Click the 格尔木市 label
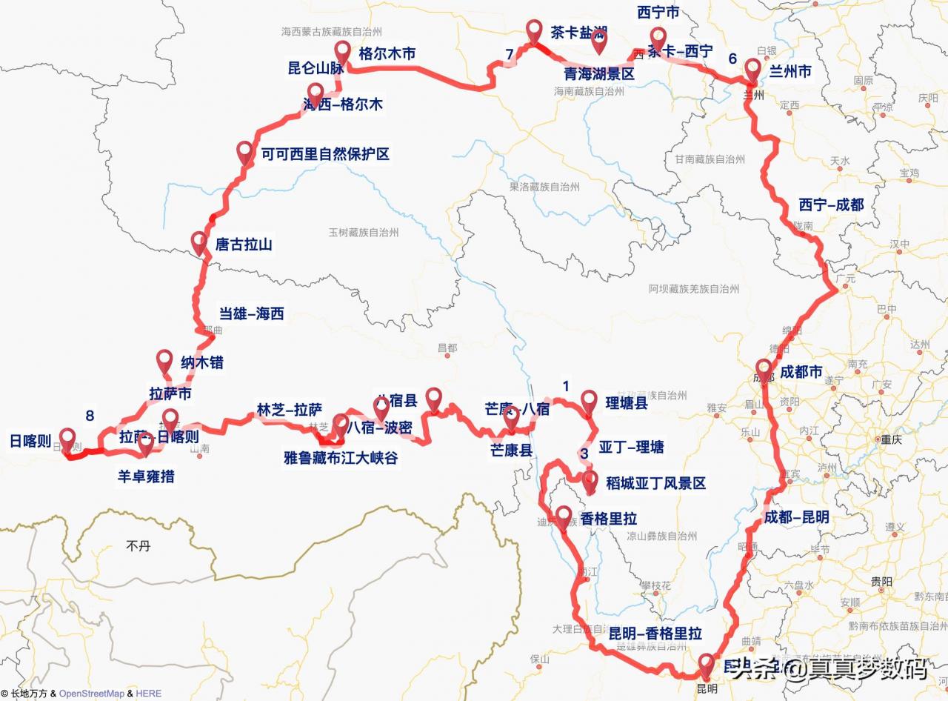tap(387, 53)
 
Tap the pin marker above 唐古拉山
tap(198, 242)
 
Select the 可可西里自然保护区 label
tap(325, 154)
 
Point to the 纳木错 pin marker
tap(165, 361)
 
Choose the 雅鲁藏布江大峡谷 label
tap(341, 458)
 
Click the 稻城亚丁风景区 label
tap(655, 483)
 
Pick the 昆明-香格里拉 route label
tap(655, 634)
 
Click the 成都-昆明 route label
tap(796, 517)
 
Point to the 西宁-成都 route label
tap(831, 205)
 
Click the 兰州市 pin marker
tap(752, 71)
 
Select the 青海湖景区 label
tap(599, 74)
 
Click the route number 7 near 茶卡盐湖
tap(509, 53)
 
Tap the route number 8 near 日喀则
tap(90, 416)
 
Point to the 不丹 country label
tap(138, 546)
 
